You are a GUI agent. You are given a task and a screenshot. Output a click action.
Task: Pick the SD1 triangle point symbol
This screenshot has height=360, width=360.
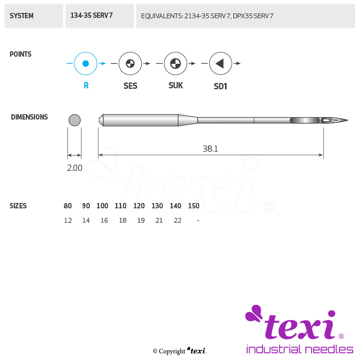tap(220, 63)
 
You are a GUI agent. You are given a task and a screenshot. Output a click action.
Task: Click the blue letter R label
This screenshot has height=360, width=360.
tap(86, 85)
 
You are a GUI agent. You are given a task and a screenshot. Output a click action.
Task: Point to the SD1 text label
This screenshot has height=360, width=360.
tap(220, 86)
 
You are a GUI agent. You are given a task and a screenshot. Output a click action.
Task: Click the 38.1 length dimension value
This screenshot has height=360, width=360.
tap(210, 149)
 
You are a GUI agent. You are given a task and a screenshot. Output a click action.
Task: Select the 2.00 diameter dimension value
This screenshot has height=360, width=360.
tap(74, 168)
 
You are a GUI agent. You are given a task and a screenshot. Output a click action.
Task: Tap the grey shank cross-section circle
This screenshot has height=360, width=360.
tap(74, 120)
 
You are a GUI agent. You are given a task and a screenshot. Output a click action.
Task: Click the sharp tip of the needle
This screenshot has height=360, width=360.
tap(348, 120)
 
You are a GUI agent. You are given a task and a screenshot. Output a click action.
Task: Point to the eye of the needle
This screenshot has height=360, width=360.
tap(328, 120)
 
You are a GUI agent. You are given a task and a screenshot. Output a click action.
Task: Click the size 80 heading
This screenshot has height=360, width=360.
tap(68, 206)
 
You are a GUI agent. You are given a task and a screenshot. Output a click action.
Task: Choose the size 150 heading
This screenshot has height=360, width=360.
tap(193, 206)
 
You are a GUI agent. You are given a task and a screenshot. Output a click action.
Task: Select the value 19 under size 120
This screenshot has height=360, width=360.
tap(141, 220)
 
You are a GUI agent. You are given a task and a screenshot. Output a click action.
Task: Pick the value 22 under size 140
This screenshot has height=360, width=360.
tap(178, 220)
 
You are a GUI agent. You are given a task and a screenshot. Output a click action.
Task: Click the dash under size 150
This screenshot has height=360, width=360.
tap(198, 221)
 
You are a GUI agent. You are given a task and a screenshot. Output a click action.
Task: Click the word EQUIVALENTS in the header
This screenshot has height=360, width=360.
tap(162, 16)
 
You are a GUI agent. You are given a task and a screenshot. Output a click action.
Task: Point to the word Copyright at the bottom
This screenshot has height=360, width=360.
tap(172, 351)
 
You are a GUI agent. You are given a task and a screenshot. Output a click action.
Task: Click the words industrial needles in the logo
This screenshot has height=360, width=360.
tap(300, 349)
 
